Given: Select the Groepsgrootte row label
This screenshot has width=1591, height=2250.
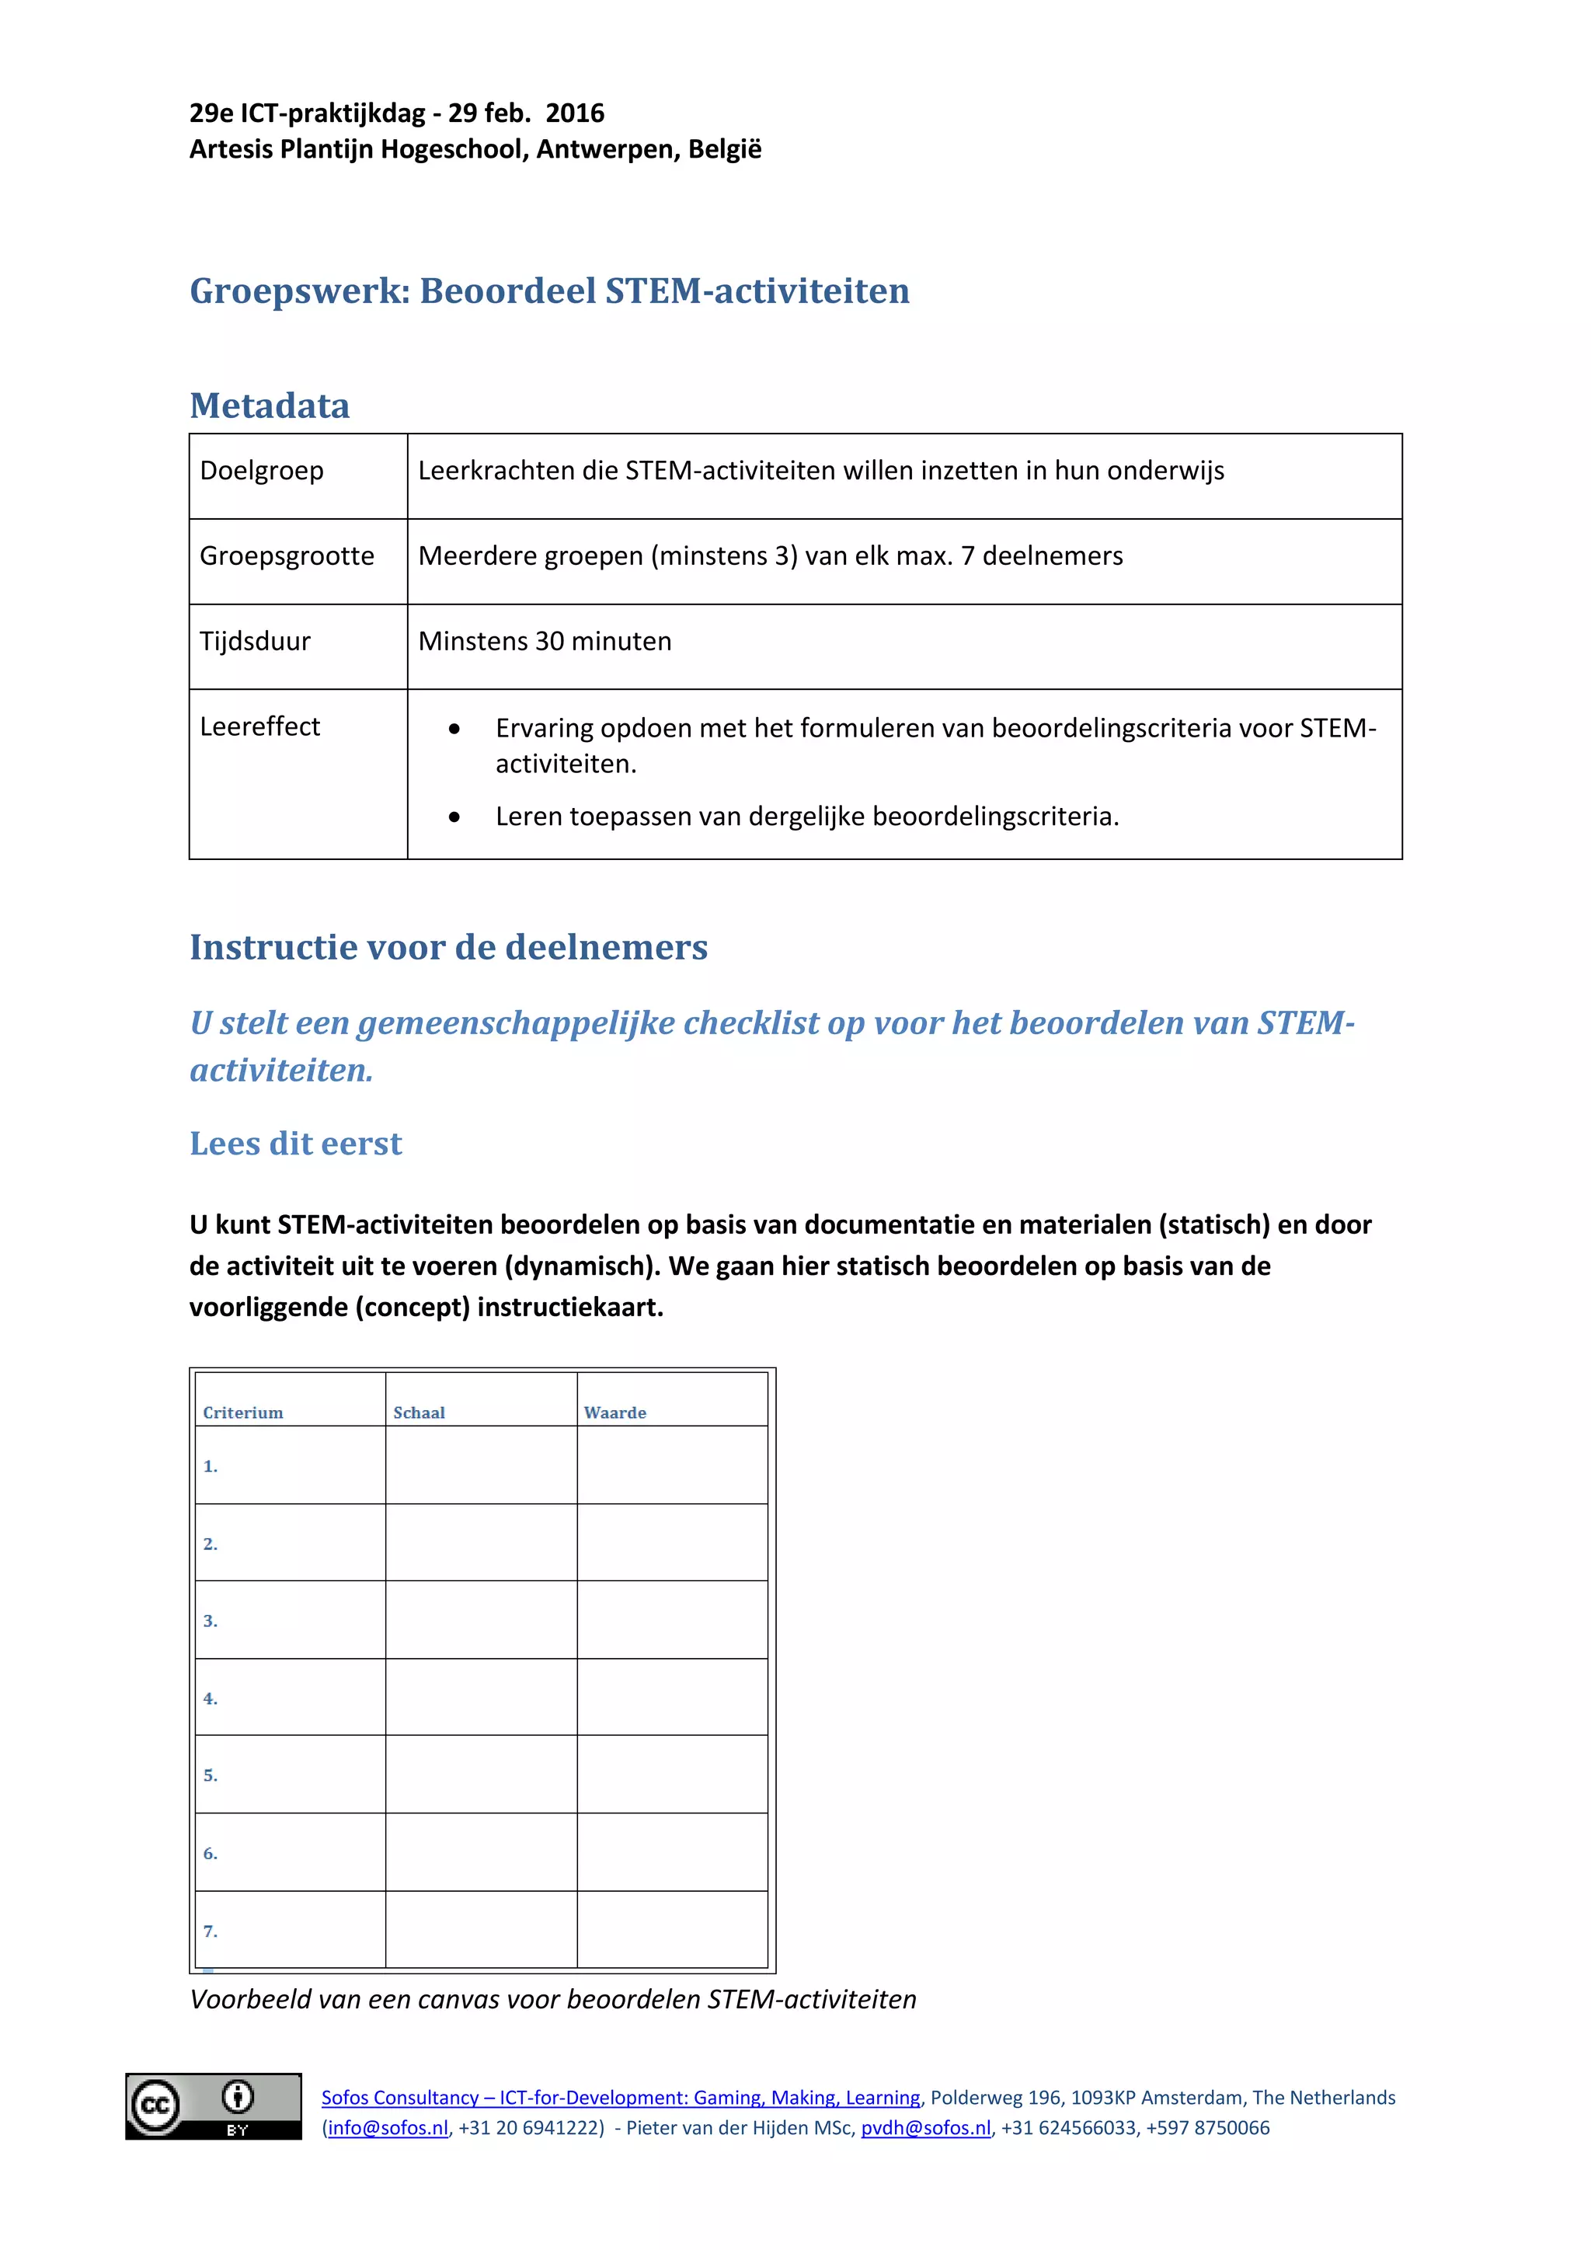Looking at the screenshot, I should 287,556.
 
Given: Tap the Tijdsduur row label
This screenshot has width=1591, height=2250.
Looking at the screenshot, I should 255,641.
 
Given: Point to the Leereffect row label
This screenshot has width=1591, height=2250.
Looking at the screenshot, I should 259,726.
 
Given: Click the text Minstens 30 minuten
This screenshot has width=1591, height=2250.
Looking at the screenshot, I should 545,641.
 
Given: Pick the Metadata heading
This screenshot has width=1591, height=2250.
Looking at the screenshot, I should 270,406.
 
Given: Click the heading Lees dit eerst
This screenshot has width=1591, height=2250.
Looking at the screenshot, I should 296,1144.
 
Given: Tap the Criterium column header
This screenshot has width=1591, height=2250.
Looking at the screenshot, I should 243,1412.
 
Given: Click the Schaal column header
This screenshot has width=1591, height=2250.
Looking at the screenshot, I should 420,1412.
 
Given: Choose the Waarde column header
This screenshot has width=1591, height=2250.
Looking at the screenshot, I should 615,1412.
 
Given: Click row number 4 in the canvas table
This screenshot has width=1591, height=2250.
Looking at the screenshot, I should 210,1698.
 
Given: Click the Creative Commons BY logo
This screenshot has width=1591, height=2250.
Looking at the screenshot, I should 214,2106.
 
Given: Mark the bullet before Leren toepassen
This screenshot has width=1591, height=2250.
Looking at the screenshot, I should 454,817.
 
